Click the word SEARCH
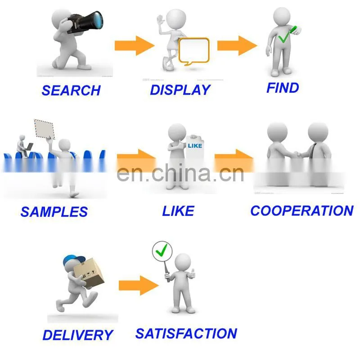(x=71, y=90)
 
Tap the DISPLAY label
(x=180, y=90)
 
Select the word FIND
(x=283, y=88)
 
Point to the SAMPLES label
(x=54, y=211)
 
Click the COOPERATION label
(x=302, y=211)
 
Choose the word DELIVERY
(x=78, y=335)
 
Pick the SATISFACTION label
(x=186, y=333)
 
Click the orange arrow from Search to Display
(x=135, y=45)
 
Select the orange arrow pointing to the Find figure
(x=237, y=45)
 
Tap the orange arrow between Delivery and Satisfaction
(x=139, y=285)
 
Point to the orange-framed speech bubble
(x=194, y=51)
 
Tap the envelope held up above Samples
(x=45, y=129)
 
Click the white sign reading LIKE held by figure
(x=195, y=147)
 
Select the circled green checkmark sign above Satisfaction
(x=162, y=251)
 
